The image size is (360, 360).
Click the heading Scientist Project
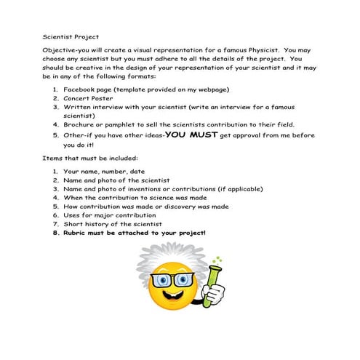coord(71,35)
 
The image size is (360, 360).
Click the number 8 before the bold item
coord(55,233)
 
